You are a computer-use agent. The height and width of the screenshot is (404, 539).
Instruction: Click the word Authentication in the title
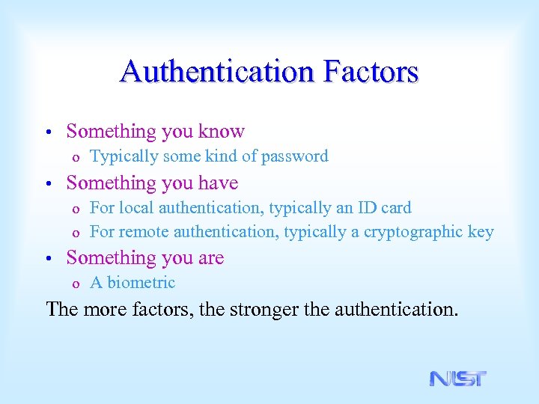[218, 72]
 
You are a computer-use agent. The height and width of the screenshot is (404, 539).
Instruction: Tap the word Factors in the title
[371, 72]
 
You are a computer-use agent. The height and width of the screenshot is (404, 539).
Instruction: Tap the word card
[396, 207]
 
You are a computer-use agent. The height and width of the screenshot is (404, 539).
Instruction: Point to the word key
[481, 232]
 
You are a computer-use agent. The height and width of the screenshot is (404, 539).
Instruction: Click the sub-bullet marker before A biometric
[75, 284]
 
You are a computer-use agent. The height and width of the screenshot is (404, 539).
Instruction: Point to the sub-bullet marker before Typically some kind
[75, 158]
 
